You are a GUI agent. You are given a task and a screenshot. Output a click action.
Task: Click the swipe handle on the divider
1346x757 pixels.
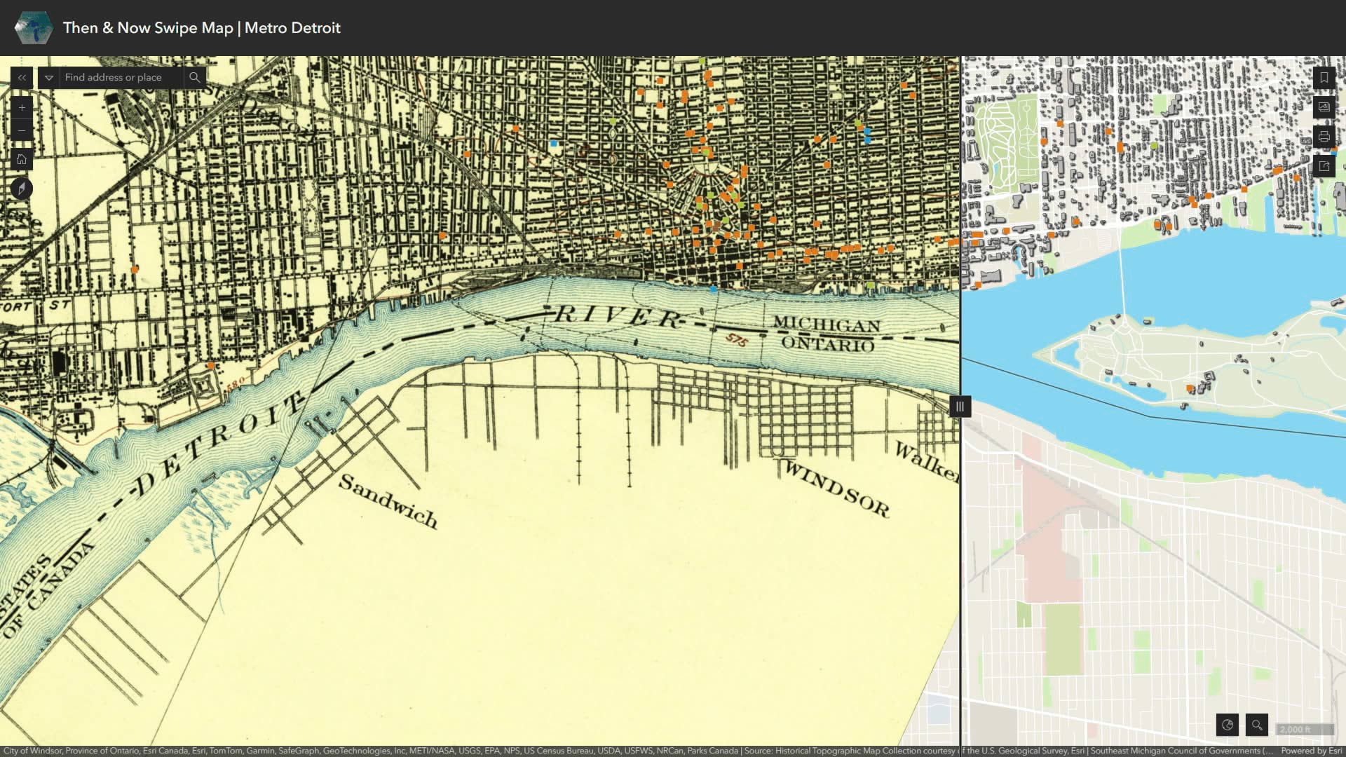coord(960,407)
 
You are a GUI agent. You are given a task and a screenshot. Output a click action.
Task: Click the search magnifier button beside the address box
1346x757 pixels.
coord(195,78)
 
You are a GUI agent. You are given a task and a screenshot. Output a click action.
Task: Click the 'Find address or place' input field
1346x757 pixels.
coord(121,78)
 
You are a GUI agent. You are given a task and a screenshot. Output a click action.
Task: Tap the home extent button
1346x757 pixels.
coord(22,160)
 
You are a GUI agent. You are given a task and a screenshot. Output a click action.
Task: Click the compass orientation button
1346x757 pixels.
coord(22,189)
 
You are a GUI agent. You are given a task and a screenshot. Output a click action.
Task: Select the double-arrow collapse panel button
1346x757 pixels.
coord(22,78)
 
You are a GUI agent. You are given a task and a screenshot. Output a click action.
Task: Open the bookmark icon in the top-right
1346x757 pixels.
coord(1324,78)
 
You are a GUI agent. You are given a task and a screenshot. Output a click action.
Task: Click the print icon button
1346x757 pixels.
coord(1324,137)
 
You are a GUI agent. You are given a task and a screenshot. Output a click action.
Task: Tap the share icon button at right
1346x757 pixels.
coord(1324,166)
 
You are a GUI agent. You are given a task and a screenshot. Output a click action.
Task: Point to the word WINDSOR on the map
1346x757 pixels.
coord(836,488)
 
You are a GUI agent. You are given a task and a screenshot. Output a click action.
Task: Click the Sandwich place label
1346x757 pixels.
coord(388,501)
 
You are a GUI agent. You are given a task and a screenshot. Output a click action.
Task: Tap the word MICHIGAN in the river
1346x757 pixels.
coord(826,325)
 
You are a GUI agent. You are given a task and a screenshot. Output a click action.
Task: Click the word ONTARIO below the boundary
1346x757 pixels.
coord(827,343)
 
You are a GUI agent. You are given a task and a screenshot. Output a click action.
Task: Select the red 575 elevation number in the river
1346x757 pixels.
coord(736,340)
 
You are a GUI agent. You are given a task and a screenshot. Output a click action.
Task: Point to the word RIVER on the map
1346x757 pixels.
coord(617,317)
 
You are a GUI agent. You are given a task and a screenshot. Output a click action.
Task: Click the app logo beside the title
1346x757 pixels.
coord(33,28)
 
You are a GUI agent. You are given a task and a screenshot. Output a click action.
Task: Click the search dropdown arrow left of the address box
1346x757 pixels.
coord(49,78)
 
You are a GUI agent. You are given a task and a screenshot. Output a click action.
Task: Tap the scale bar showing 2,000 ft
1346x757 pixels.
coord(1304,730)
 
